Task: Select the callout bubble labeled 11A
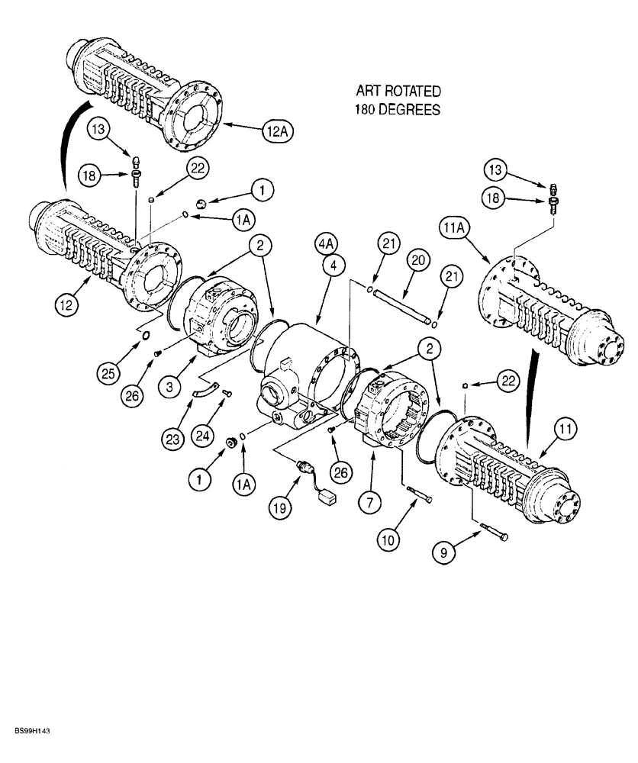[453, 227]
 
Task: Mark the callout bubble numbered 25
[109, 374]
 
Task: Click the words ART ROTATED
[397, 92]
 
